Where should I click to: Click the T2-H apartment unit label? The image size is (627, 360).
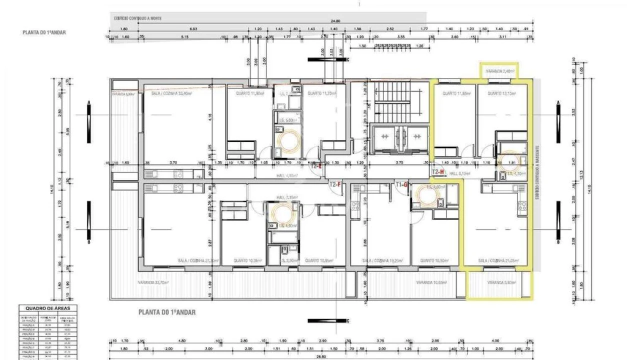(438, 171)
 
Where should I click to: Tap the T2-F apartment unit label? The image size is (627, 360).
(335, 184)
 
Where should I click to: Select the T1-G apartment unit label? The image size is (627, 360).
(402, 184)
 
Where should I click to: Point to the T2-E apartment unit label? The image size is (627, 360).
(316, 166)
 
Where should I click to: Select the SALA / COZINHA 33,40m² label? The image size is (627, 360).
(171, 93)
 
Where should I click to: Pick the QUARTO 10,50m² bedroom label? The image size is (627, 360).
(434, 260)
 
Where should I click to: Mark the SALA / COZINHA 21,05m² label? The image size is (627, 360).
(497, 260)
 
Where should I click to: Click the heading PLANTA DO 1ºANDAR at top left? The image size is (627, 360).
(44, 32)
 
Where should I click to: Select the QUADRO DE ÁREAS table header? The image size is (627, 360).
(48, 308)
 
